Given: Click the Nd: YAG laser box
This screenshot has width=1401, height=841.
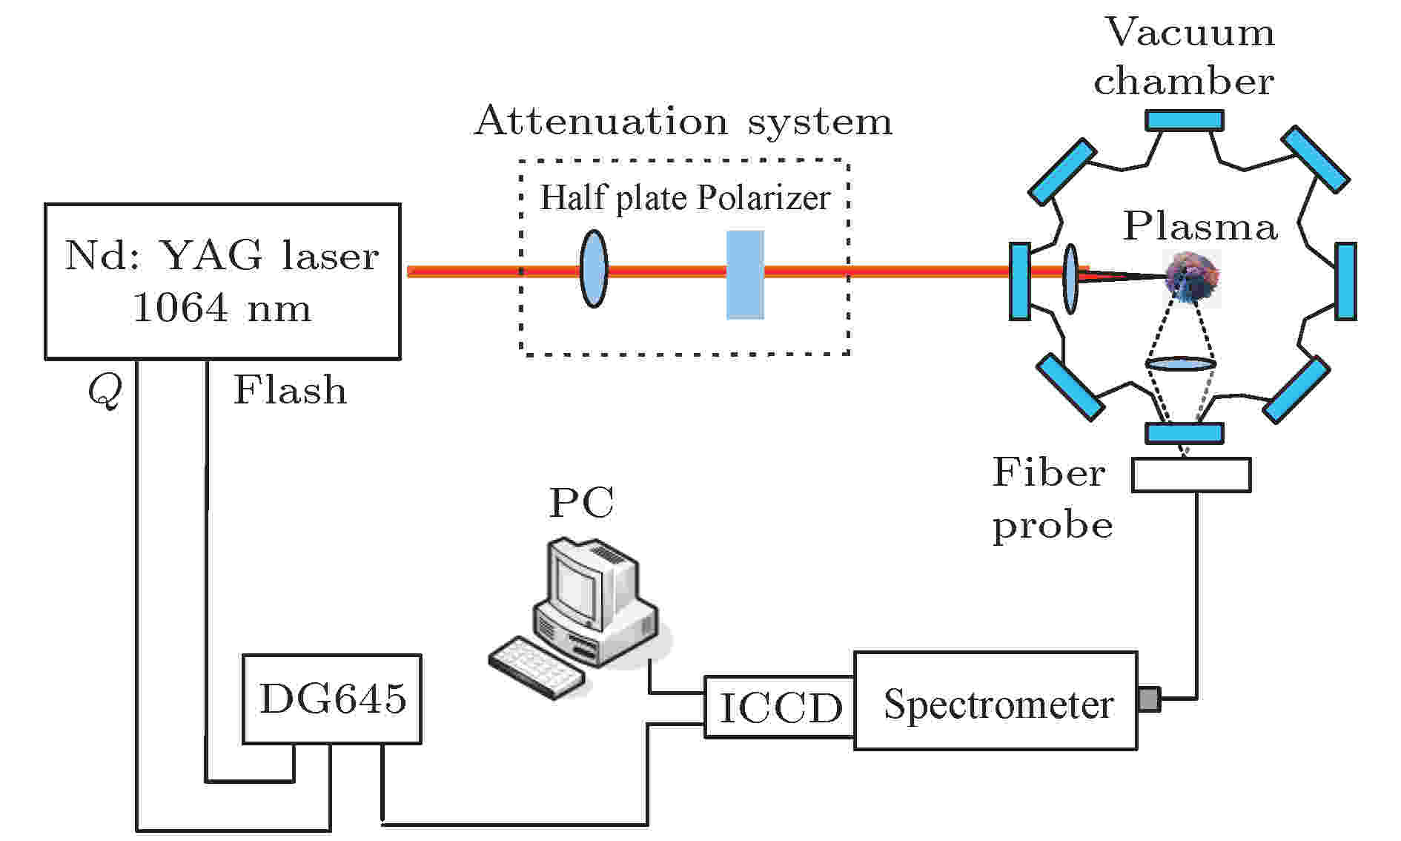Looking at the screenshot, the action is (222, 282).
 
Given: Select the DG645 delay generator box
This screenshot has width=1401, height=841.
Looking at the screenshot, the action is (332, 699).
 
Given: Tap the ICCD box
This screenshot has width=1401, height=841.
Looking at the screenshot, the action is (780, 707).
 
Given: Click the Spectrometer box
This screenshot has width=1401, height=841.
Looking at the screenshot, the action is (996, 701).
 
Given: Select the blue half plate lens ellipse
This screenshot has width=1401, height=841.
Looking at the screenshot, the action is (593, 268).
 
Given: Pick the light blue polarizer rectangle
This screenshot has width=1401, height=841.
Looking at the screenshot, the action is (745, 274).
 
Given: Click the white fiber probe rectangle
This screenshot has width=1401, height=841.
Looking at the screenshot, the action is (1191, 475).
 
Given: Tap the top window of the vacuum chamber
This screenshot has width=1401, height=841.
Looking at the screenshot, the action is (1184, 120).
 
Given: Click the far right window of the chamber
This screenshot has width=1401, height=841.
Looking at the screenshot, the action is (1345, 281).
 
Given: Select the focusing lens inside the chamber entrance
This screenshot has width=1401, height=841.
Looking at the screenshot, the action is (1070, 280).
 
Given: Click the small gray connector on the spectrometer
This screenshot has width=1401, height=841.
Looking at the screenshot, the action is (1148, 699).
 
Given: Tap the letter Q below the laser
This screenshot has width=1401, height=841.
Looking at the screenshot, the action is (104, 389).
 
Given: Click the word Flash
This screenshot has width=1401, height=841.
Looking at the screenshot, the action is (290, 390).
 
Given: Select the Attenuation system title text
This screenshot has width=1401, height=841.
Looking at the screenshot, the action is (683, 121).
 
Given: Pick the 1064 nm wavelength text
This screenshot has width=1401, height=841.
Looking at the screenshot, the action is (222, 307).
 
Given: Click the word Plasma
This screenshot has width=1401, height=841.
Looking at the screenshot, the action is (1200, 225).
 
